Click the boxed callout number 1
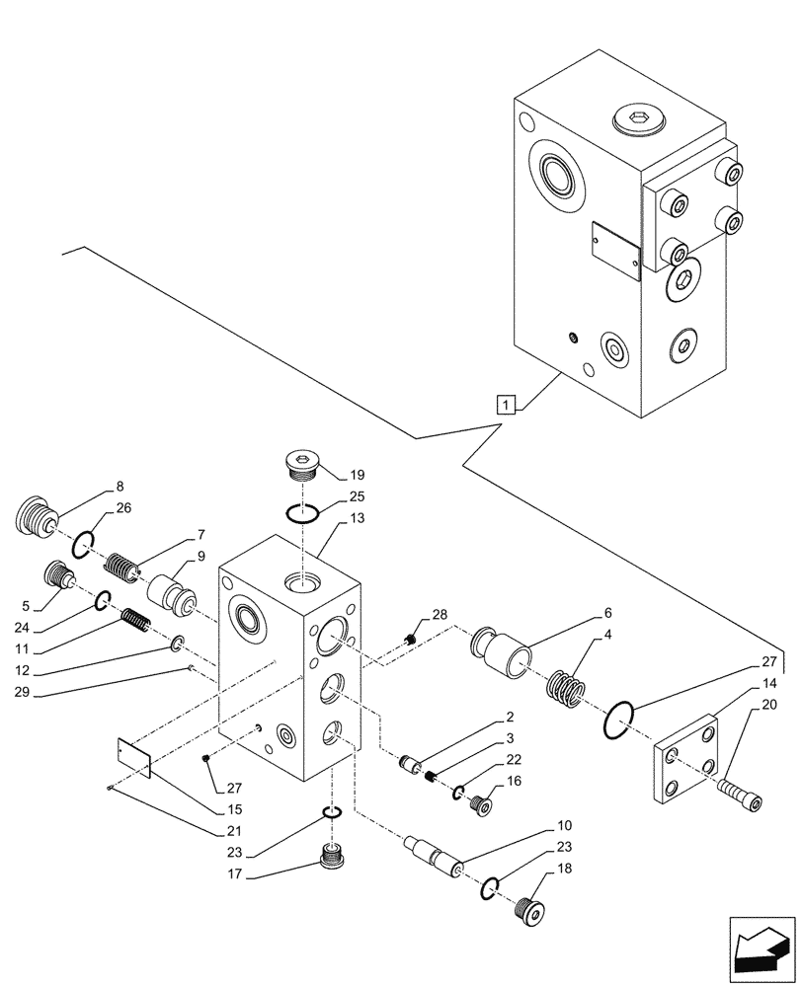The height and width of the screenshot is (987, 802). (x=505, y=403)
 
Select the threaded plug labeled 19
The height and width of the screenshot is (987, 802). (x=300, y=463)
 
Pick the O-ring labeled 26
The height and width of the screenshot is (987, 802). (x=83, y=541)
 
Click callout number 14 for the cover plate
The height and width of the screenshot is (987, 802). (x=768, y=684)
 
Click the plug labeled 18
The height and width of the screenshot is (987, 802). (x=532, y=910)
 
